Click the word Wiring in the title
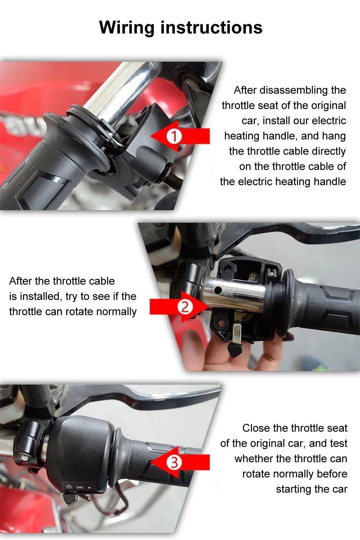127,28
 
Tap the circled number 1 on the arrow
174,137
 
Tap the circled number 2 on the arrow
185,307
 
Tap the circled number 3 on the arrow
174,462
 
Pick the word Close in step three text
256,428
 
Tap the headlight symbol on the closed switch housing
69,487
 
